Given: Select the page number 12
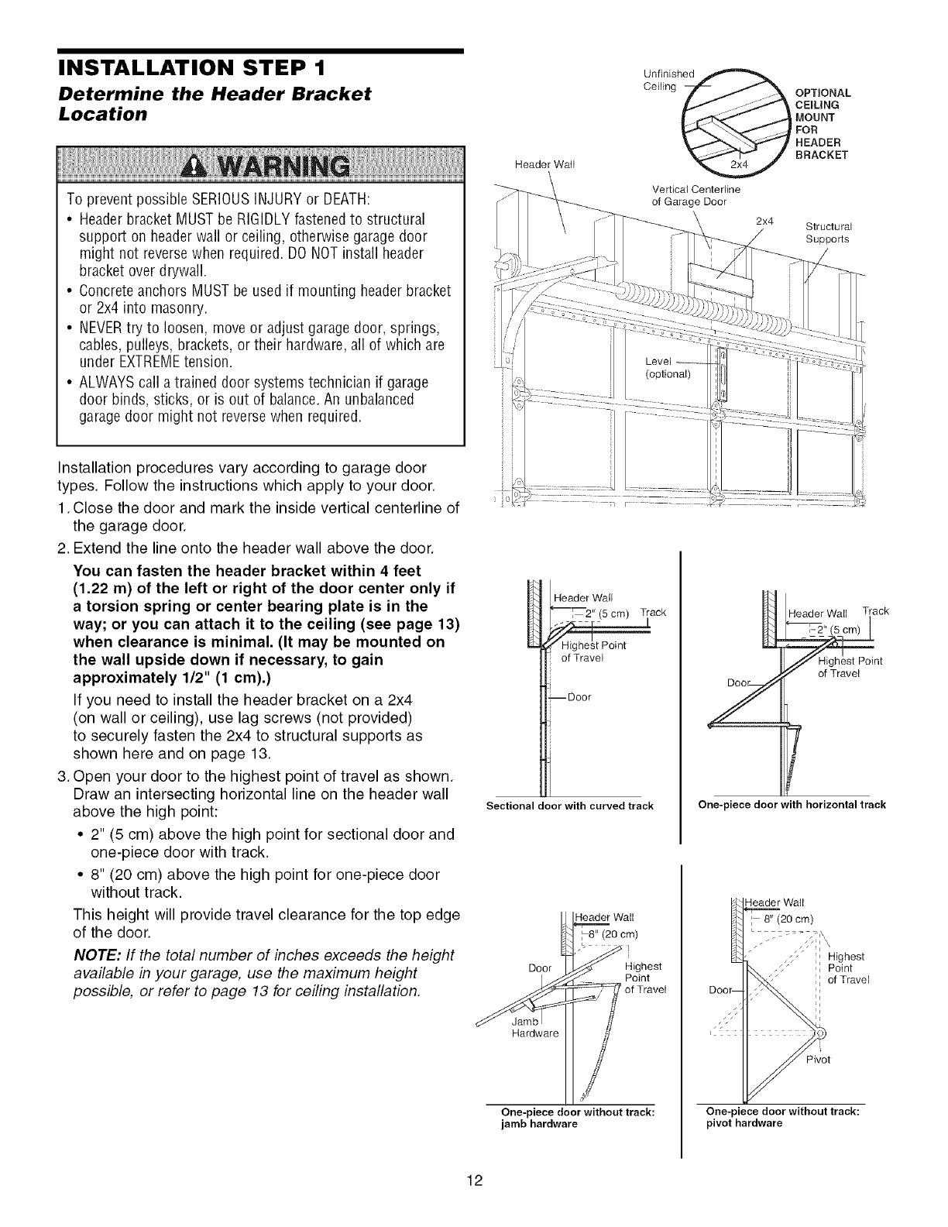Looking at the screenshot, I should click(474, 1181).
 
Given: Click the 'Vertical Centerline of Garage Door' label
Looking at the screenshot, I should click(696, 195).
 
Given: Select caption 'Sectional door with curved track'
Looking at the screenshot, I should click(569, 806).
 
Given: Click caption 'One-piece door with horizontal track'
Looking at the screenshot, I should click(792, 805).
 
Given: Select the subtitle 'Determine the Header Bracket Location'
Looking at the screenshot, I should click(215, 104).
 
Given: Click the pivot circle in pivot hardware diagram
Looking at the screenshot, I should click(821, 1033).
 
